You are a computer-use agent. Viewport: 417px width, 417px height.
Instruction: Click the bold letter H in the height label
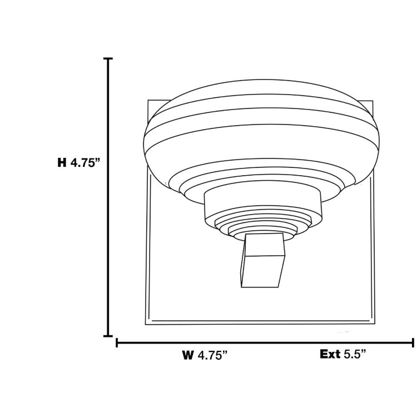click(62, 163)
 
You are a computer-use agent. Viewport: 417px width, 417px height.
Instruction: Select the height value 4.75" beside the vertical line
click(84, 163)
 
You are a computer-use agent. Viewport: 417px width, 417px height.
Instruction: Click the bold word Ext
click(330, 354)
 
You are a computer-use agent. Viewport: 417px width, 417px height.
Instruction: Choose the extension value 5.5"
click(355, 354)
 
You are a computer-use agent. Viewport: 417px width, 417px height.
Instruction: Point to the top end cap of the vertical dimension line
click(108, 58)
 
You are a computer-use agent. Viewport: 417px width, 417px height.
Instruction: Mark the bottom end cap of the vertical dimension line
click(108, 336)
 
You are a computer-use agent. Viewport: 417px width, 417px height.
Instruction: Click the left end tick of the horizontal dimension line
click(117, 343)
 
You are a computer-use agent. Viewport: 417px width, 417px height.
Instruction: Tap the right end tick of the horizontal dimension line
click(412, 343)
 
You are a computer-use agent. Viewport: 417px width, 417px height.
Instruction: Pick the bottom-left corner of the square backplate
click(146, 324)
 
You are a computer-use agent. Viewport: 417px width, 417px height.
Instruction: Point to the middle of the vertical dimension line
click(108, 197)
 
